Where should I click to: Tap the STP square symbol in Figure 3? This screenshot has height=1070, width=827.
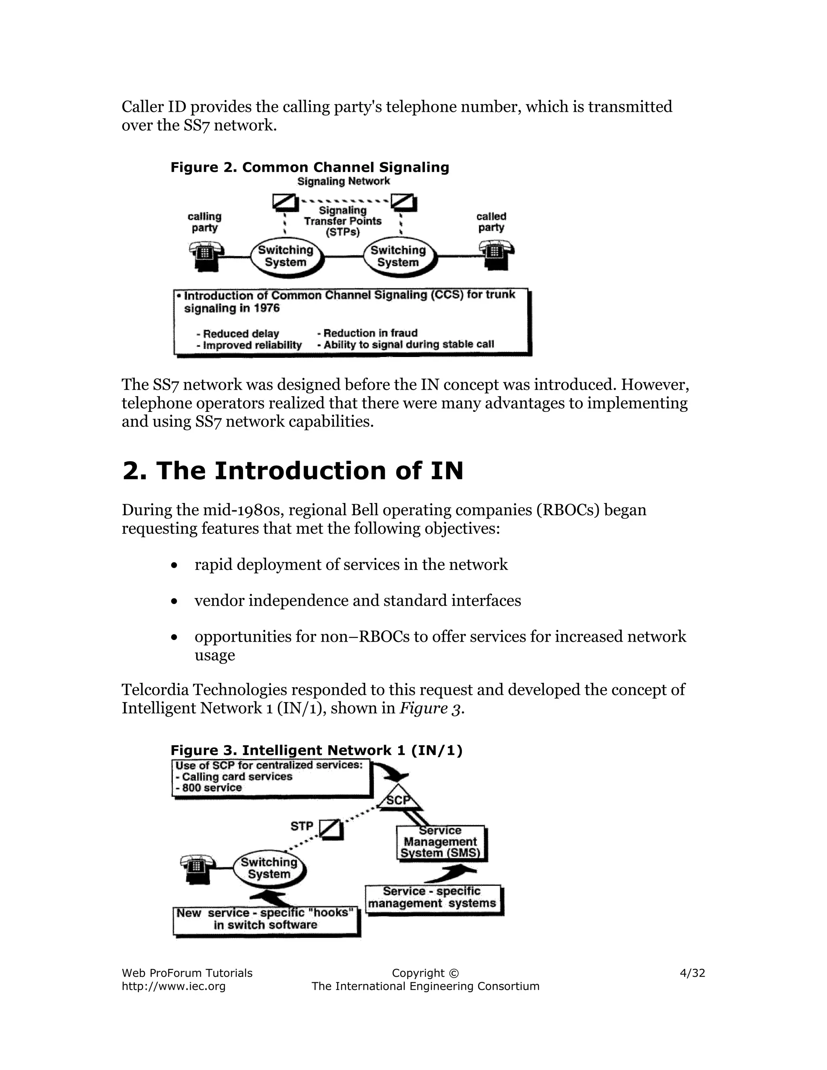point(331,829)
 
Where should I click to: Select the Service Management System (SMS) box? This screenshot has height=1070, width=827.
point(441,842)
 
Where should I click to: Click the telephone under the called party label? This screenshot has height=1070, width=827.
point(496,255)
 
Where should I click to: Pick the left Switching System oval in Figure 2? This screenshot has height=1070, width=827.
point(286,256)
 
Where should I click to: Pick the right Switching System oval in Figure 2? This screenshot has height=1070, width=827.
point(399,256)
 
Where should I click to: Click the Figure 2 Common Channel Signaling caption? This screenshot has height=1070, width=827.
point(310,168)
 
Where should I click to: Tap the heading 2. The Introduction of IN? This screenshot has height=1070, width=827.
point(292,471)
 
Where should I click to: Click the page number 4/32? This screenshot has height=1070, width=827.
point(692,973)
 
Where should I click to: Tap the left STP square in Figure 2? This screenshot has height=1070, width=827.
point(285,201)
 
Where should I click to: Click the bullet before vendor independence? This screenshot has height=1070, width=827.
point(174,601)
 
